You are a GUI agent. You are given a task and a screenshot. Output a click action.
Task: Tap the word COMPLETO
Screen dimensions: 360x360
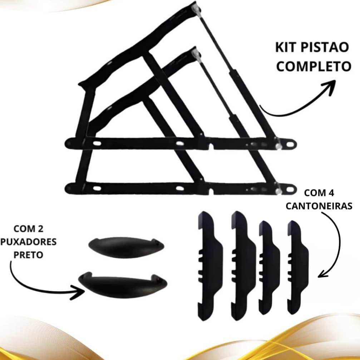pyautogui.click(x=314, y=66)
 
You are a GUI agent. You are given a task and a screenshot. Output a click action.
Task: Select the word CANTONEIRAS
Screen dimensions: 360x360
pyautogui.click(x=319, y=206)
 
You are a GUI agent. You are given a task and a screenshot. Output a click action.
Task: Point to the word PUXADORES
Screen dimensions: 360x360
pyautogui.click(x=29, y=242)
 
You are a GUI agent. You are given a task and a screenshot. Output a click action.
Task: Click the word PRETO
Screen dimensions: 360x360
pyautogui.click(x=29, y=255)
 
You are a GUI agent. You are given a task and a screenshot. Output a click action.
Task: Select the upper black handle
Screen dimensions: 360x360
pyautogui.click(x=126, y=247)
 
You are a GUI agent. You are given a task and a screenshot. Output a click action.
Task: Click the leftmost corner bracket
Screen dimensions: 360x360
pyautogui.click(x=210, y=266)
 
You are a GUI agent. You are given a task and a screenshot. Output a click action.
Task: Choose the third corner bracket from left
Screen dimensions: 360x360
pyautogui.click(x=269, y=267)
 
